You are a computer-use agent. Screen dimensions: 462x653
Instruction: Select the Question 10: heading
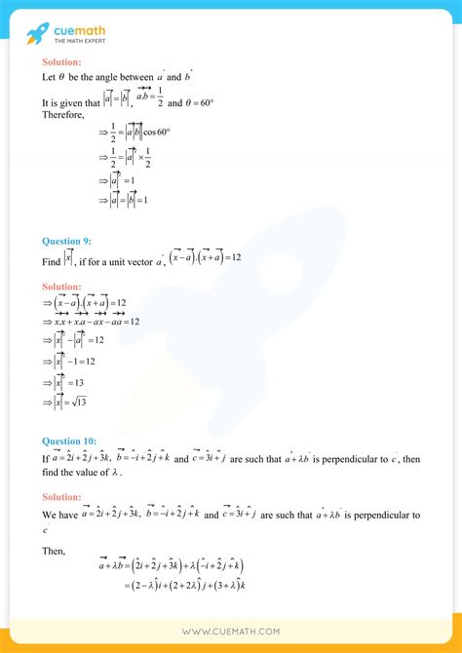(73, 440)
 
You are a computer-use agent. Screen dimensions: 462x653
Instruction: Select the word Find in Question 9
(54, 259)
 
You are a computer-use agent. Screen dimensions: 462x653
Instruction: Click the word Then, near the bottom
(54, 551)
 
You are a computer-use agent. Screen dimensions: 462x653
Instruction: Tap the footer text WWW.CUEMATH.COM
(231, 631)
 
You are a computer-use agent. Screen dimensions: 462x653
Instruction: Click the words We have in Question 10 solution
(59, 515)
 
